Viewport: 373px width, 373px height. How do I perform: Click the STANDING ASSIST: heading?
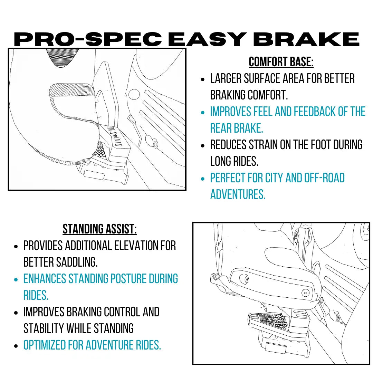coord(99,229)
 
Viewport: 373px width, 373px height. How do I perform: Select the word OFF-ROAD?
coord(324,178)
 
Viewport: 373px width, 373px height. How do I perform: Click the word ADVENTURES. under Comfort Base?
coord(238,194)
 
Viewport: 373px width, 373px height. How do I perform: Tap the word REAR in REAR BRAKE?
coord(221,128)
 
